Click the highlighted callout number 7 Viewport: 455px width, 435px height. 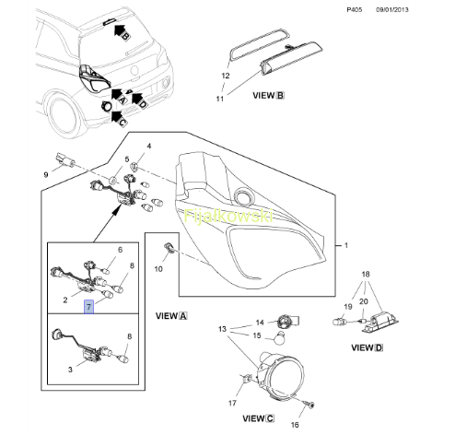coord(89,307)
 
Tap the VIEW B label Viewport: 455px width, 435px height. coord(268,96)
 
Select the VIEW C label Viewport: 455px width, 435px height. coord(258,418)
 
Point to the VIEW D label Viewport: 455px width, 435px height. coord(367,347)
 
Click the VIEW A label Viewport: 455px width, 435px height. coord(171,316)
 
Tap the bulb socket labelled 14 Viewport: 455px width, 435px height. coord(288,322)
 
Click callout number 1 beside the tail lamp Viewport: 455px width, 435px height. coord(346,245)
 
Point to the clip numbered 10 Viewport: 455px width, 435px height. coord(169,247)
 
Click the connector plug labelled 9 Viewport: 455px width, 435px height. coord(65,160)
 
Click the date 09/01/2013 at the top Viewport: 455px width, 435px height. coord(392,9)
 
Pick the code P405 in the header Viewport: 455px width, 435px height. coord(355,9)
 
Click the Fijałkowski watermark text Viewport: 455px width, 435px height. coord(228,216)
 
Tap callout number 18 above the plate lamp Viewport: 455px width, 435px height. coord(366,274)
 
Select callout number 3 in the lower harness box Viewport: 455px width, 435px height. coord(70,370)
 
